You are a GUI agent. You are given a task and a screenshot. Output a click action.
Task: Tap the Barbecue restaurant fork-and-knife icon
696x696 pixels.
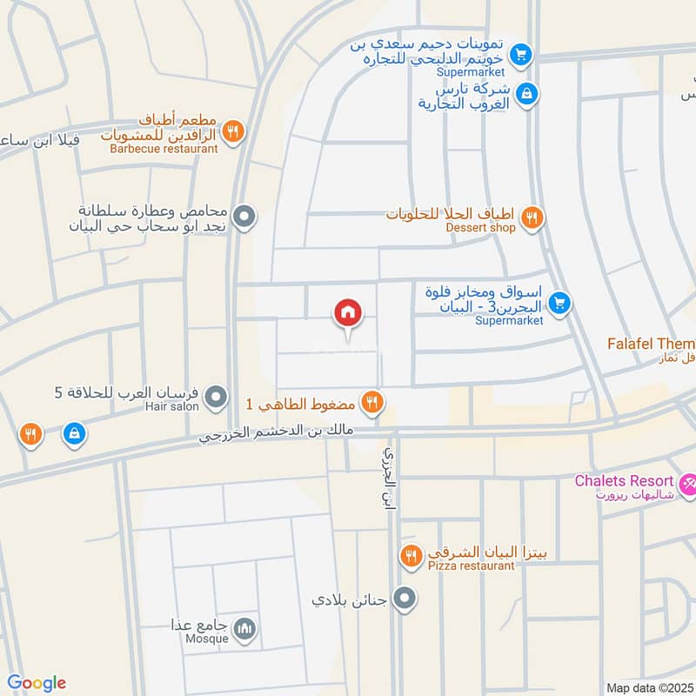pos(232,132)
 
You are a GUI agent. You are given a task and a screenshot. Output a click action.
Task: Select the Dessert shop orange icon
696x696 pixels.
pos(534,217)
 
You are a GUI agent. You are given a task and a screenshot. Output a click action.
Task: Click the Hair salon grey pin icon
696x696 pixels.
pos(217,398)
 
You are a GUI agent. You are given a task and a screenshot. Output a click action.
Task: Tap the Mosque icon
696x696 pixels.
pos(246,628)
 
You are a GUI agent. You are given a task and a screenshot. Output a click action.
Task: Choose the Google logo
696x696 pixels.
pos(37,683)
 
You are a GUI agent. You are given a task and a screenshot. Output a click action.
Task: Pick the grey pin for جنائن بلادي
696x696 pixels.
pos(404,599)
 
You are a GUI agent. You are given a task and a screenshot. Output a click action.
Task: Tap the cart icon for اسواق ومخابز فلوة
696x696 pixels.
pos(560,303)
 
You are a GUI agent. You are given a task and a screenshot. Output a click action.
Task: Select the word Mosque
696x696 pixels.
pos(207,639)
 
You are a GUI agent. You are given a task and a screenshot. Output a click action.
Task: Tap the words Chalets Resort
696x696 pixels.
pos(624,481)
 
